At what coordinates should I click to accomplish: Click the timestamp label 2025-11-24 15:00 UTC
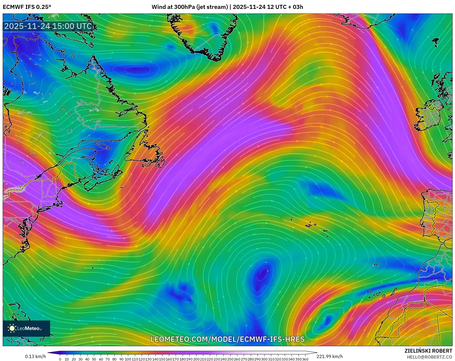point(48,26)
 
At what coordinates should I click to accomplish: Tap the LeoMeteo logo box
point(26,328)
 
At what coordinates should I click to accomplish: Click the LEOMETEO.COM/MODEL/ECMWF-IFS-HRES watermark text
point(227,339)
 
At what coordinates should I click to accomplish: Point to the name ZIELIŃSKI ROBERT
point(428,351)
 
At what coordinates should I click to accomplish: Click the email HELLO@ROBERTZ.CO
point(429,357)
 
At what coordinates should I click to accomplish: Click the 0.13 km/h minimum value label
point(36,356)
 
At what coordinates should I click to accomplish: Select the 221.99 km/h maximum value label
point(330,356)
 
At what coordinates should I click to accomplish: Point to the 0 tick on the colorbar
point(60,359)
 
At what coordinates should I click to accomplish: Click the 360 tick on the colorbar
point(305,359)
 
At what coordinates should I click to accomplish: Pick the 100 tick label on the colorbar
point(128,359)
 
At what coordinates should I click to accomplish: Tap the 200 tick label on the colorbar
point(196,359)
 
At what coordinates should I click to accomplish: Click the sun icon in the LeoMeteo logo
point(12,328)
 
